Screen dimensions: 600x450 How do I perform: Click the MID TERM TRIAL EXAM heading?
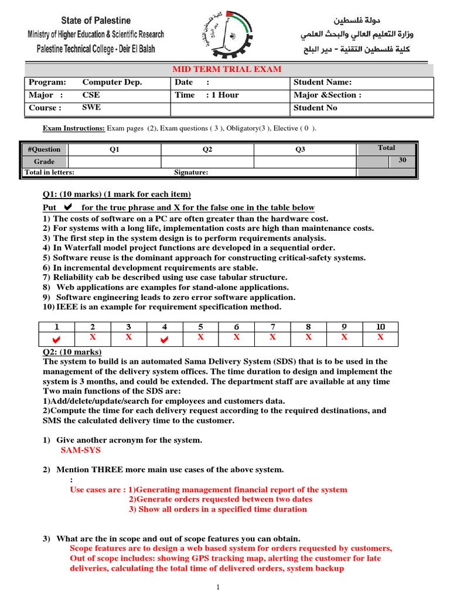[x=226, y=70]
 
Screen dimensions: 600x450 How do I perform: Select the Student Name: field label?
[x=322, y=83]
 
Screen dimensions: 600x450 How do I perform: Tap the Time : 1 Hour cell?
[x=207, y=95]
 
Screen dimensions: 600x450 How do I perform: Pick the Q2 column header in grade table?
[x=207, y=149]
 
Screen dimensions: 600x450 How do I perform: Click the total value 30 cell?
[x=403, y=160]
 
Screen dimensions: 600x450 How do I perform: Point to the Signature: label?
[x=191, y=172]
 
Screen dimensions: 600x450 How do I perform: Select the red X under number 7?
[x=272, y=337]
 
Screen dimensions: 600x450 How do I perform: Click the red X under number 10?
[x=380, y=337]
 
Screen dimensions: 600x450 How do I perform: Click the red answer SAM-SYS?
[x=81, y=450]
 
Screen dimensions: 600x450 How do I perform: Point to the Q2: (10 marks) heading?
[x=73, y=352]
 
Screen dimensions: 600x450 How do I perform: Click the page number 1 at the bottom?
[x=217, y=587]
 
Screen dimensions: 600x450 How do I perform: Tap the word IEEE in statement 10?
[x=67, y=307]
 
